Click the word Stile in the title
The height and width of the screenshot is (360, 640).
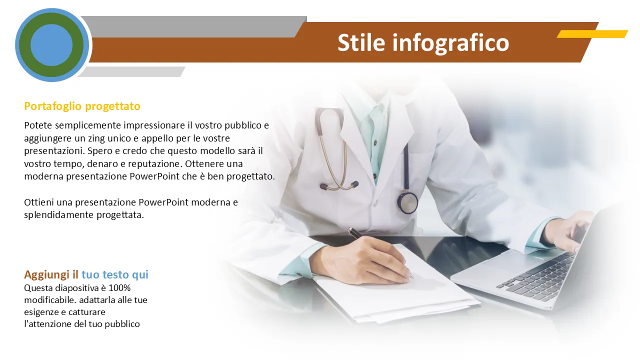[x=361, y=43]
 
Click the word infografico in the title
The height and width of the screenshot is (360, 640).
[x=450, y=43]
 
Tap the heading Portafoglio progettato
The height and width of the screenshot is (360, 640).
[x=82, y=106]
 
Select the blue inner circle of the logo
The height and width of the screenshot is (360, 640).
[x=51, y=45]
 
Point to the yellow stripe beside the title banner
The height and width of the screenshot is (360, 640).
[x=592, y=34]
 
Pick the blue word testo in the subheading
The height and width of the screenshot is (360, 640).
[x=115, y=275]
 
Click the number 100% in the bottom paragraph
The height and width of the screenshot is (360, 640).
[x=119, y=288]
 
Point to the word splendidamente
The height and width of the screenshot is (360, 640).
[x=59, y=215]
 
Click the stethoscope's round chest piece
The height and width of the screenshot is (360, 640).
[x=407, y=202]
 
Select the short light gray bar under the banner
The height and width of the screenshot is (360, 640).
[x=131, y=71]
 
